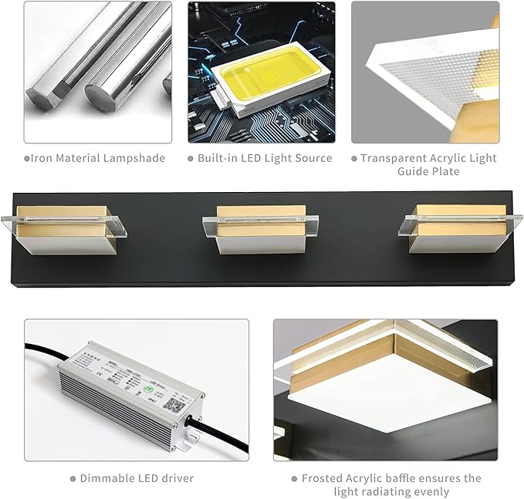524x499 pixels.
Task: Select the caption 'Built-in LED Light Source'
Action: pyautogui.click(x=265, y=158)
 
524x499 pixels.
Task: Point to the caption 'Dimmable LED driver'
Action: pyautogui.click(x=136, y=478)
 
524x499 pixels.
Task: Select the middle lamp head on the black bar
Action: pyautogui.click(x=262, y=229)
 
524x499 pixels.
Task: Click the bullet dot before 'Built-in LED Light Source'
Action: pyautogui.click(x=191, y=159)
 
